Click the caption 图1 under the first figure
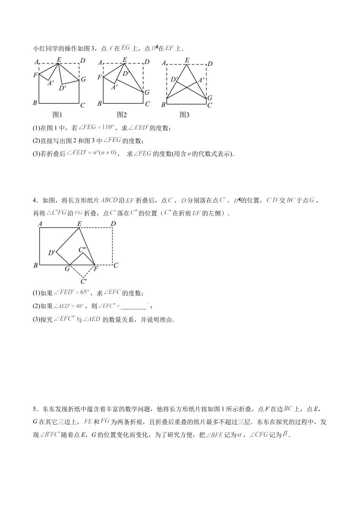coord(57,114)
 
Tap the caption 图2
coord(122,114)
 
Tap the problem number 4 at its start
coord(35,200)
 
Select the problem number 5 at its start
coord(35,409)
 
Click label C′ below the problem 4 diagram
coord(84,281)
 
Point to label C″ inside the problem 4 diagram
coord(83,250)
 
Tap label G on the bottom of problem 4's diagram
coord(67,269)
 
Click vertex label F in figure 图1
coord(35,75)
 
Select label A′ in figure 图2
coord(114,87)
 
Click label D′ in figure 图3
coord(174,80)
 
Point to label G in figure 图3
coord(210,98)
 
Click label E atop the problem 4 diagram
coord(79,224)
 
